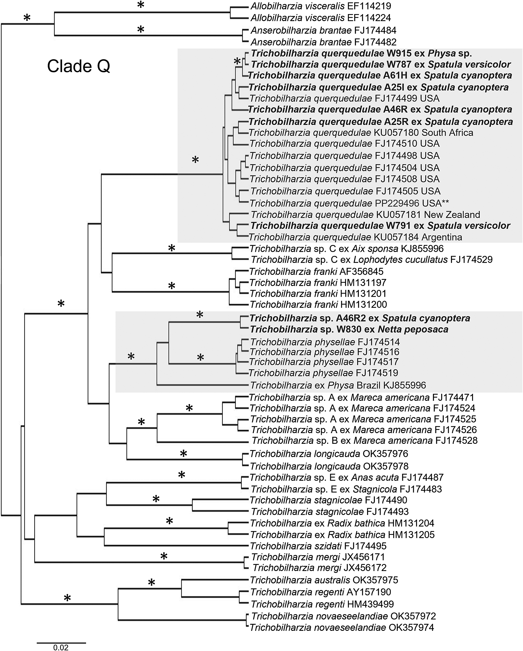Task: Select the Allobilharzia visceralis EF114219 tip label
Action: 321,6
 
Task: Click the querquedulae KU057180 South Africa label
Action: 361,132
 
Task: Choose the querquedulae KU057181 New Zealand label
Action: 365,215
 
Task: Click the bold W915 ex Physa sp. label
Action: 361,53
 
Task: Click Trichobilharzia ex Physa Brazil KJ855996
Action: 338,385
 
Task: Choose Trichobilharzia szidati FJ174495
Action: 318,546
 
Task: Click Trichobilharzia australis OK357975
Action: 324,580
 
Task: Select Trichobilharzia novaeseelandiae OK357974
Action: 342,627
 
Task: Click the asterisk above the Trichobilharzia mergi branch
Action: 164,556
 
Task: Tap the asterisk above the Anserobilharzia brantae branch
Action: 141,30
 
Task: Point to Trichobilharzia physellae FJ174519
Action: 323,373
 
